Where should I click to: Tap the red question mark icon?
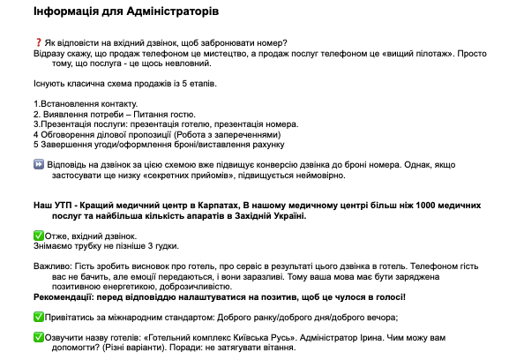tap(38, 43)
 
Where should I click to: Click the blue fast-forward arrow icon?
tap(38, 165)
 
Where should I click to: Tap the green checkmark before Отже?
tap(38, 236)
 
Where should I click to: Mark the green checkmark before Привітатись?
tap(38, 317)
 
